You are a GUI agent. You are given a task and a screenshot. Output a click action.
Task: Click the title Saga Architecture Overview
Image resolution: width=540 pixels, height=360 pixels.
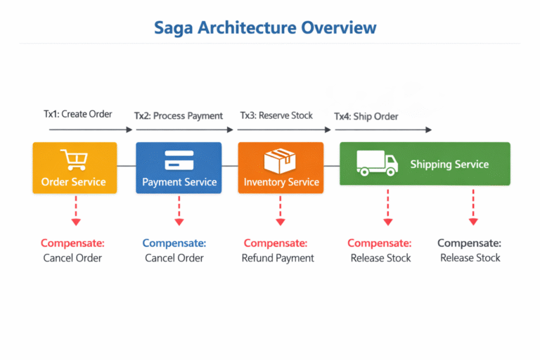point(265,27)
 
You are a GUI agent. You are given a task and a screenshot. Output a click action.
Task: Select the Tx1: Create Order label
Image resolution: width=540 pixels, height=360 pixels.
point(77,113)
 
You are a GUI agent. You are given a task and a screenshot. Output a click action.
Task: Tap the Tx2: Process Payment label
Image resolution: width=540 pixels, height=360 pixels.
point(179,115)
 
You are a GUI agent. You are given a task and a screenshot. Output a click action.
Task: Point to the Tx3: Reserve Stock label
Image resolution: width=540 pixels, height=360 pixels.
point(276,115)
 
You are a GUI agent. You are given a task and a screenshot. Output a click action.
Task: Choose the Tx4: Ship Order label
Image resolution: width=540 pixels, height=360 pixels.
point(366,115)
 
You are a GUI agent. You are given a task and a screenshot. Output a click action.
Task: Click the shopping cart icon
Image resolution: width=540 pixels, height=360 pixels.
point(73,160)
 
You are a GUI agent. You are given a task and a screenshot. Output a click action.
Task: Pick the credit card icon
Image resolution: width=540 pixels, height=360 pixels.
point(179,160)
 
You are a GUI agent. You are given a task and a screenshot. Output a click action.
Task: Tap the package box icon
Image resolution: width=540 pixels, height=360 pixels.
point(281,161)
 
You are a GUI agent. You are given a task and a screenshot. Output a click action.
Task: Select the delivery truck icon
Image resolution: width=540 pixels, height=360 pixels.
point(376,163)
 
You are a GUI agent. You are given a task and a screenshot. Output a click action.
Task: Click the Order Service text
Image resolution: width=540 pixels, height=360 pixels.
point(73,182)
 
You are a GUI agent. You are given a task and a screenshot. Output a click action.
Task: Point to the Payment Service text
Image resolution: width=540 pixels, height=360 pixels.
point(179,182)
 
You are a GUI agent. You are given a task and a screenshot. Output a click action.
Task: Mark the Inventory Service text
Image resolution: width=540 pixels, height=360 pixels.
point(281,182)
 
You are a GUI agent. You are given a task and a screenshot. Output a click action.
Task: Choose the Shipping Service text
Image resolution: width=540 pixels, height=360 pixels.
point(449,164)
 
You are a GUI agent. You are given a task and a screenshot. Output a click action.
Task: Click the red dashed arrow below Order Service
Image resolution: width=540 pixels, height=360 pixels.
point(75,210)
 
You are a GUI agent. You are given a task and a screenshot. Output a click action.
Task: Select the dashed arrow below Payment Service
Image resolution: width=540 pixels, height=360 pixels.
point(179,210)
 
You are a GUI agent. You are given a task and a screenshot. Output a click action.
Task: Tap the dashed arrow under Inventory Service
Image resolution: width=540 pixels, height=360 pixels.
point(281,210)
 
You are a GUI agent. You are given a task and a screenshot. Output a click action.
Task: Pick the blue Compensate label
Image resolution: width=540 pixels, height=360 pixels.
point(174,243)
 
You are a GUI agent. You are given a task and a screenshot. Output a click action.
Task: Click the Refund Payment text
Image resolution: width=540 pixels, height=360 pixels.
point(278,258)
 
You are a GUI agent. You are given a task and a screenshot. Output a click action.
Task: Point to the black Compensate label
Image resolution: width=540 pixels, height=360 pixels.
point(469,243)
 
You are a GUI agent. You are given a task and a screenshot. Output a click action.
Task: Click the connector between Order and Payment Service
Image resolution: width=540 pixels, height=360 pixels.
point(126,166)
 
